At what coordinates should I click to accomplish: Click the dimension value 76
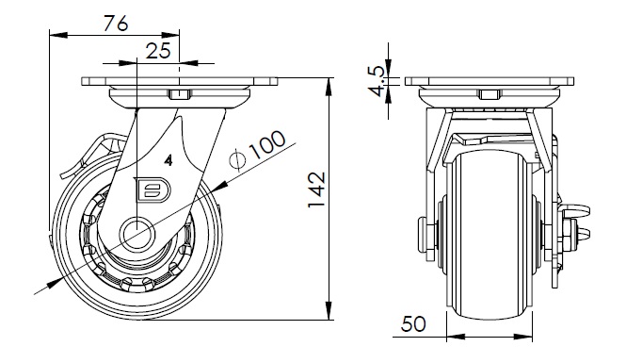[x=116, y=24]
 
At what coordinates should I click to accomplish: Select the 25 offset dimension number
[x=158, y=51]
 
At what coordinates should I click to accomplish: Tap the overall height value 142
[x=317, y=190]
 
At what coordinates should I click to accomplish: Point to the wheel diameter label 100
[x=267, y=144]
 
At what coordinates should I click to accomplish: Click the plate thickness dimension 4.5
[x=377, y=81]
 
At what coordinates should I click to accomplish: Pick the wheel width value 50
[x=413, y=323]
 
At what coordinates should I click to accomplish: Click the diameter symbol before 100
[x=237, y=160]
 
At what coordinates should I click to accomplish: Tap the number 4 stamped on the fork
[x=169, y=160]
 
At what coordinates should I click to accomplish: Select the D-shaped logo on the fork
[x=153, y=189]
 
